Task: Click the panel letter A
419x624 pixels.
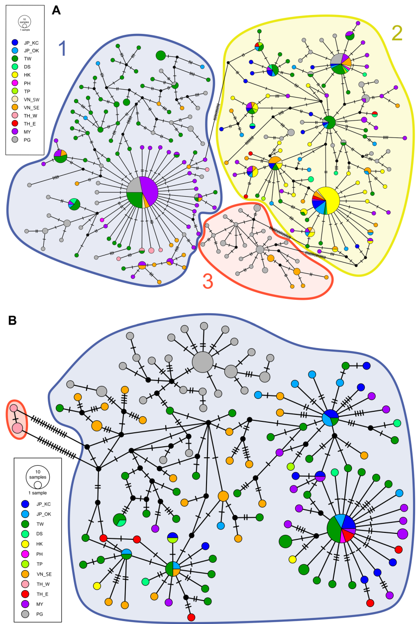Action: tap(57, 10)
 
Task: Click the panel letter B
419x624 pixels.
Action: tap(14, 321)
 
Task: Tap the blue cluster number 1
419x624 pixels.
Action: tap(63, 48)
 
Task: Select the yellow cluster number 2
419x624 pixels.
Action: tap(397, 32)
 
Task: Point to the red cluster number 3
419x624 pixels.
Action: tap(208, 281)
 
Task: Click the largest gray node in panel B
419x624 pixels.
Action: tap(203, 362)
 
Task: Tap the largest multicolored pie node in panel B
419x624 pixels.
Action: tap(341, 528)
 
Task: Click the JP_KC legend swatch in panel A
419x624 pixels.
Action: tap(15, 43)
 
